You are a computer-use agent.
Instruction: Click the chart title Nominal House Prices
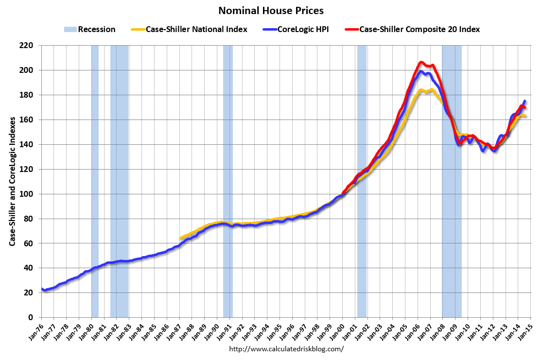click(271, 10)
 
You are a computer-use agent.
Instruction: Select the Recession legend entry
click(89, 29)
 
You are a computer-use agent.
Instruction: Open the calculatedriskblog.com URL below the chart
click(286, 349)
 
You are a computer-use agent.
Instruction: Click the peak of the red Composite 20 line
click(421, 62)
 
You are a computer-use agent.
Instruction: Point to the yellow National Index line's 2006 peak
click(421, 89)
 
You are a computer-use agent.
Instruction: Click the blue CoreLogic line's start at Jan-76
click(42, 290)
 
